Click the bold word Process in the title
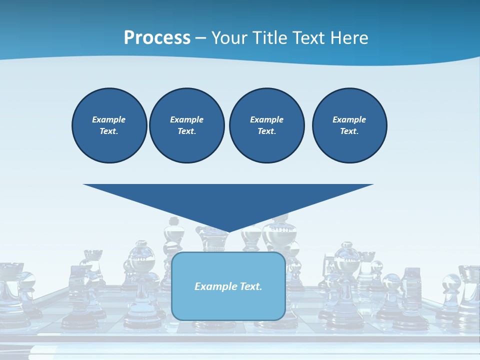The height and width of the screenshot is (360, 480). (157, 37)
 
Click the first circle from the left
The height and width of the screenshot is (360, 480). (109, 125)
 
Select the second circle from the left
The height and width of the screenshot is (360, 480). (187, 125)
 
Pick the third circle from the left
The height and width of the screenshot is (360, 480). (267, 125)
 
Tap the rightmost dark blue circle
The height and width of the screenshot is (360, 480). (349, 125)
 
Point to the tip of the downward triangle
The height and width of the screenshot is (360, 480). (229, 231)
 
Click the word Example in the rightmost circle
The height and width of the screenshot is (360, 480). (349, 119)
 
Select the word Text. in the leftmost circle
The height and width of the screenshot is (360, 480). (109, 131)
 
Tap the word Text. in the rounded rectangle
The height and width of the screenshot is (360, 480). (250, 286)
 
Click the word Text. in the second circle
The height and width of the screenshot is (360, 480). (187, 131)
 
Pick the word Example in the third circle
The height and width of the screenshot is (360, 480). (266, 119)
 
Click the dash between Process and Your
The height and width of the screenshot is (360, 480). (200, 38)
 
